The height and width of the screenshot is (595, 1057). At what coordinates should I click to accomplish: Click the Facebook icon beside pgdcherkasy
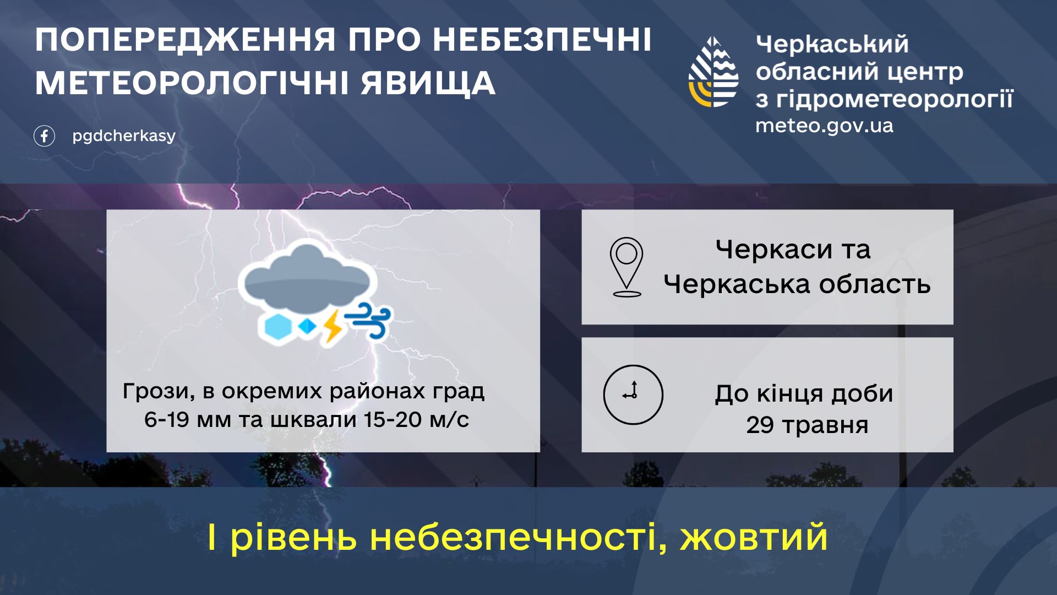[44, 136]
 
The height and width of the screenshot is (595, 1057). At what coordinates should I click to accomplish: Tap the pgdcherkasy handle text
[124, 136]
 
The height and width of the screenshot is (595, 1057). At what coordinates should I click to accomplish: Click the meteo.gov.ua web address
[824, 126]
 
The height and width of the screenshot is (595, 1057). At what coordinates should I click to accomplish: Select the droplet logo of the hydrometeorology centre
[713, 72]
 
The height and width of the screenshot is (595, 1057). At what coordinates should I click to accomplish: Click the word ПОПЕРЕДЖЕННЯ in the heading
[186, 40]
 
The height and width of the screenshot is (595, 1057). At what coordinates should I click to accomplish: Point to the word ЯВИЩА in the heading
[428, 83]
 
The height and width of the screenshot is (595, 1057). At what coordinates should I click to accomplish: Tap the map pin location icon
[626, 267]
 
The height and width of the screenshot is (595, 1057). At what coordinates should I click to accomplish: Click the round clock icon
[633, 394]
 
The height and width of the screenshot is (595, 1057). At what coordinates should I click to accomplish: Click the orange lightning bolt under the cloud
[332, 327]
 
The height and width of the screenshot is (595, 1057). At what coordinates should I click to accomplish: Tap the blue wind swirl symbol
[368, 320]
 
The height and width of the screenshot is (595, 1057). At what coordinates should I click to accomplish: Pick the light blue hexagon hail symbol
[277, 327]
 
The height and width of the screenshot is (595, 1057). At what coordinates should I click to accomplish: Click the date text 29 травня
[807, 425]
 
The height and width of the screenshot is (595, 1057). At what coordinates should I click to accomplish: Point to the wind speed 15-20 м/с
[416, 420]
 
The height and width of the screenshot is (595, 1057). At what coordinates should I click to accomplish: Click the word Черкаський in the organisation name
[832, 44]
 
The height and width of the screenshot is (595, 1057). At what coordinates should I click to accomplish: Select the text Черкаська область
[797, 284]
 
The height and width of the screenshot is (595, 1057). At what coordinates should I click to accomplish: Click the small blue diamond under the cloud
[307, 327]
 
